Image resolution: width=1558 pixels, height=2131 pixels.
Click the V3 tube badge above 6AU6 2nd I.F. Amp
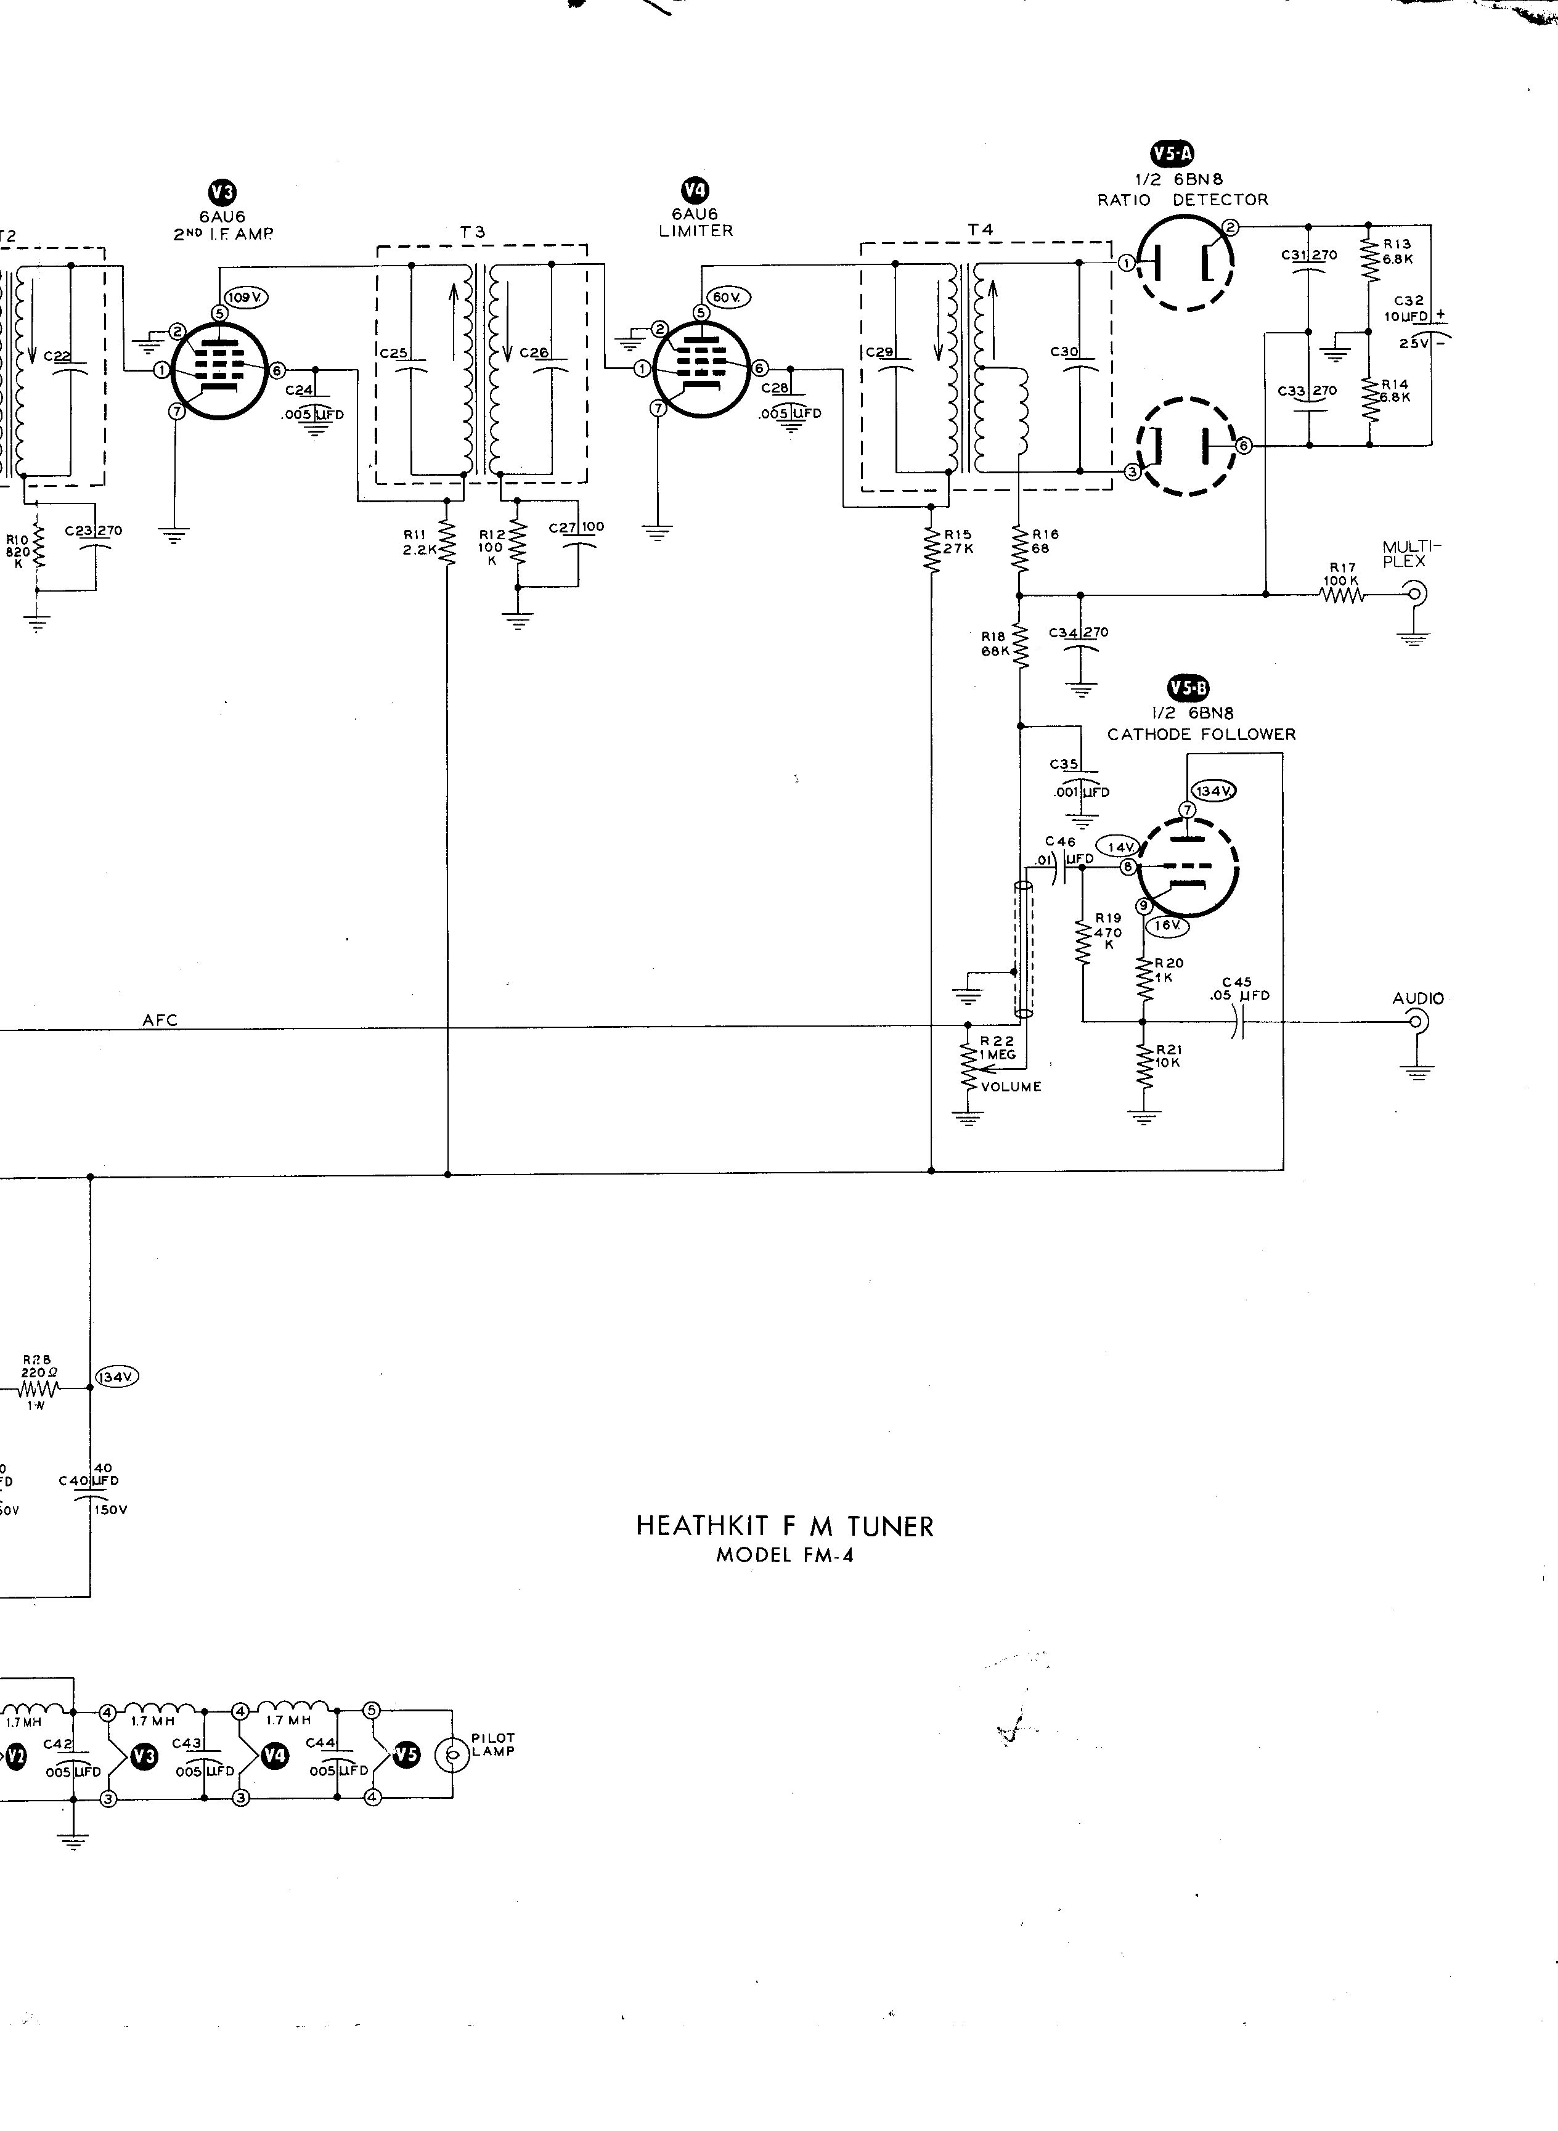click(222, 194)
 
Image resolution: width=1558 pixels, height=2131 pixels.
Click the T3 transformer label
click(473, 231)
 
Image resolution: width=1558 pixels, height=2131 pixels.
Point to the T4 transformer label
click(980, 229)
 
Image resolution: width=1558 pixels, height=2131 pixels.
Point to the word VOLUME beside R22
click(1011, 1086)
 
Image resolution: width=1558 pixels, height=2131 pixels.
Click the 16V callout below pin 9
click(1167, 926)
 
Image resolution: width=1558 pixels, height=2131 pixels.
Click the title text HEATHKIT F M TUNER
click(784, 1526)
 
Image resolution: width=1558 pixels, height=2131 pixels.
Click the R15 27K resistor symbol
click(932, 550)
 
